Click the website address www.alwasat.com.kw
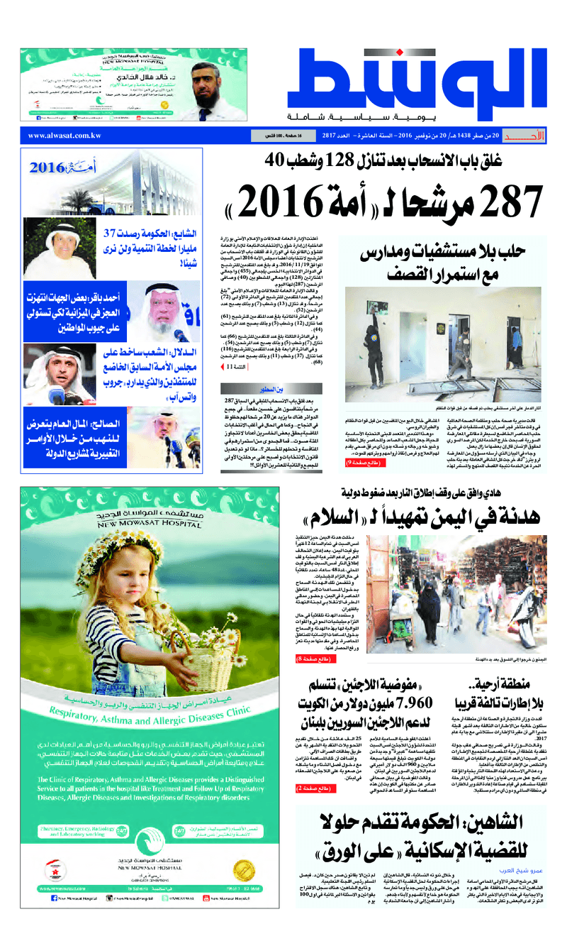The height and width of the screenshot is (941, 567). click(x=64, y=136)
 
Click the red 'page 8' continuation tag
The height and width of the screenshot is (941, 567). click(x=312, y=659)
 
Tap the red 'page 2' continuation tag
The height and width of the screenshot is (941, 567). click(x=312, y=788)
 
